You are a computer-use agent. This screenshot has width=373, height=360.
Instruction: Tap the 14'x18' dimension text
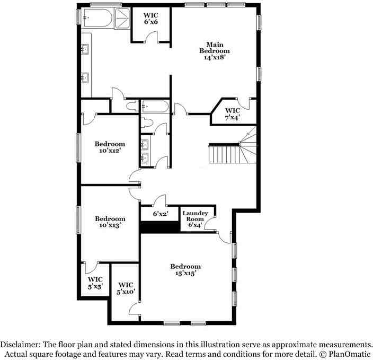pyautogui.click(x=215, y=58)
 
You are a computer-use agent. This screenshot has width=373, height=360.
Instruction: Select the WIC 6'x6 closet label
pyautogui.click(x=151, y=18)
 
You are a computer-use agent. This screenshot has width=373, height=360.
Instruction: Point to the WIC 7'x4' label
pyautogui.click(x=233, y=114)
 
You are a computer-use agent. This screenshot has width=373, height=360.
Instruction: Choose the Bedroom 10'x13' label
pyautogui.click(x=110, y=222)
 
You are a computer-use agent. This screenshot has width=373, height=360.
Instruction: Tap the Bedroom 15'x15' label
pyautogui.click(x=185, y=269)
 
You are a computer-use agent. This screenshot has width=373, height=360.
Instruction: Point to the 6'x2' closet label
pyautogui.click(x=160, y=214)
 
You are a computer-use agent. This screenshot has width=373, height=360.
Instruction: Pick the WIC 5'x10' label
pyautogui.click(x=126, y=288)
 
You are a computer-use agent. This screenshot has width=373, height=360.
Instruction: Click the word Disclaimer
pyautogui.click(x=21, y=344)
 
